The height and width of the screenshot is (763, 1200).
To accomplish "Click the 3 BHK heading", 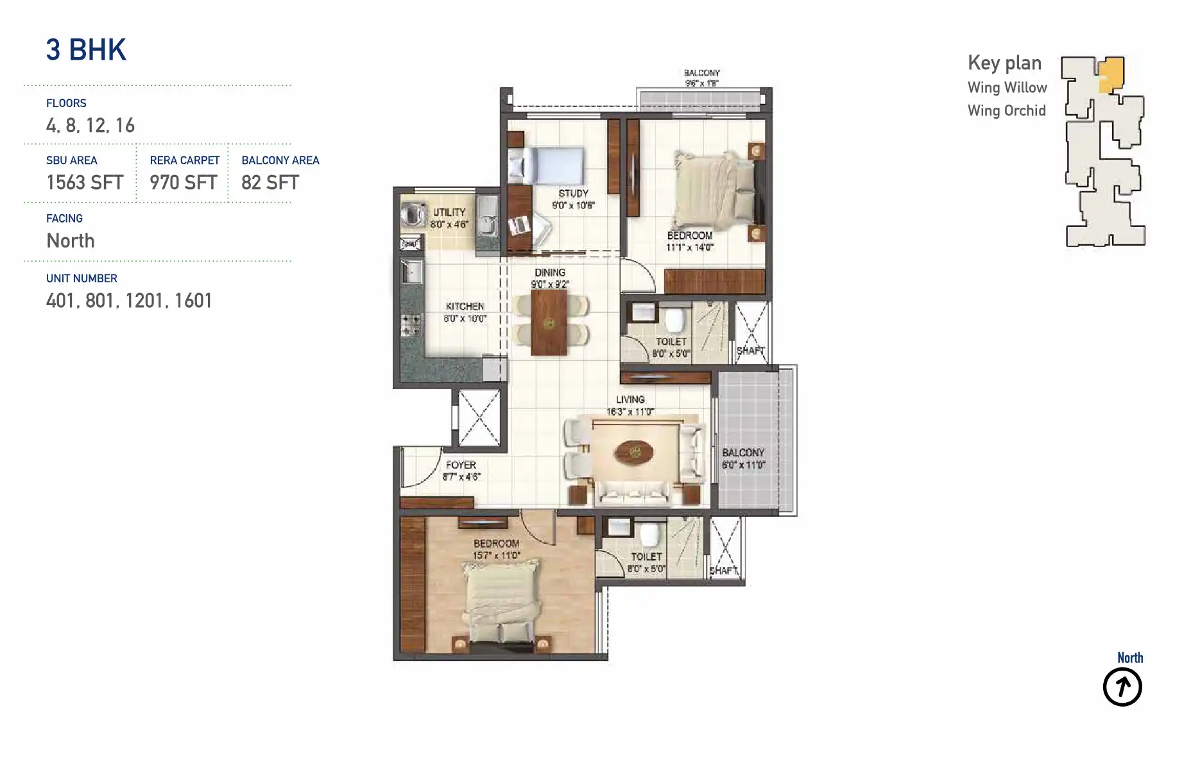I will pos(86,50).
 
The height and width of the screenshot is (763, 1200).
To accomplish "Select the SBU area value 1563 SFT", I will pos(85,183).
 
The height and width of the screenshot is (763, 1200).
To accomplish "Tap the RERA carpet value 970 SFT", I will pos(184,183).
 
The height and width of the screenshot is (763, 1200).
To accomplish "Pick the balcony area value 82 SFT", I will pos(270,183).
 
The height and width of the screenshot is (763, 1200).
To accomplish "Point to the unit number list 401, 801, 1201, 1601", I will pos(129,301).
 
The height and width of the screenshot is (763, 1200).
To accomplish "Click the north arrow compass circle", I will pos(1122,687).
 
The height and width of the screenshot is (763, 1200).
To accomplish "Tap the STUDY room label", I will pos(573,193).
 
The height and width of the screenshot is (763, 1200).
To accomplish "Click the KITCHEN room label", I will pos(465,306).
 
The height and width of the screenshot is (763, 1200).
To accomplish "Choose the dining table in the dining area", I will pos(549,323).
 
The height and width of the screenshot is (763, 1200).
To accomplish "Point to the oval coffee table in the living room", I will pos(634,453).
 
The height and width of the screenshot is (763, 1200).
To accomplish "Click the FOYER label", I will pos(461,465).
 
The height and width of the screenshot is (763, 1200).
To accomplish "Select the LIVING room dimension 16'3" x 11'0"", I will pos(630,412).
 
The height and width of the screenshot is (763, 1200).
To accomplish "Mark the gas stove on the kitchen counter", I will pos(411,324).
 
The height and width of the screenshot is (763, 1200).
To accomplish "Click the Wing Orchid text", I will pos(1006,111).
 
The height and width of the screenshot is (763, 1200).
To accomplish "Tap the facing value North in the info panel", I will pos(71,241).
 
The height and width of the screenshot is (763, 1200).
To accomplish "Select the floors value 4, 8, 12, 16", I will pos(90,126).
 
